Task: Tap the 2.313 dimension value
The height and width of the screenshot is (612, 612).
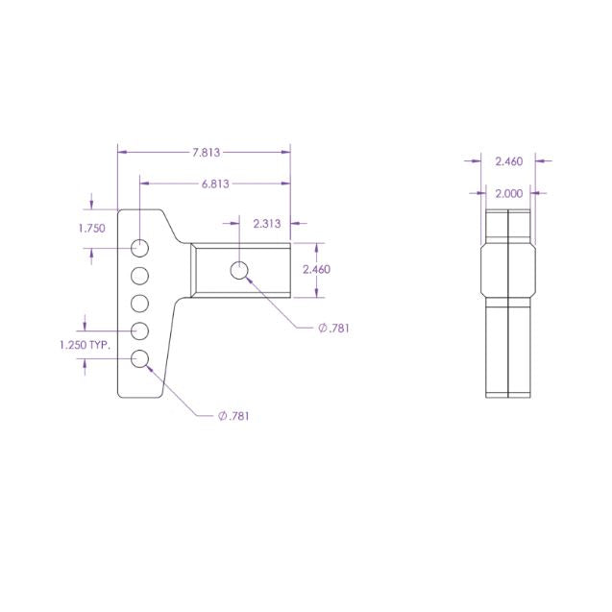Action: point(266,224)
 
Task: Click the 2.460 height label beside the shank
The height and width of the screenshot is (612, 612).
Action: point(316,270)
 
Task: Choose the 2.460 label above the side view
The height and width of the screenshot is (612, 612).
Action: point(508,161)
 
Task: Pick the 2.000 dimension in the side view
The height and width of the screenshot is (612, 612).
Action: point(508,193)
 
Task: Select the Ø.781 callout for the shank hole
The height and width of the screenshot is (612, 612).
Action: point(333,328)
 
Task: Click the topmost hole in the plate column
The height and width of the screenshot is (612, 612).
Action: point(140,248)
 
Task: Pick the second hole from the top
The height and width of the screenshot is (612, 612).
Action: point(140,276)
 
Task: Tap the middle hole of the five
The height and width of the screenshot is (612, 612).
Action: point(140,304)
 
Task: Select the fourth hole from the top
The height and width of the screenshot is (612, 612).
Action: point(140,331)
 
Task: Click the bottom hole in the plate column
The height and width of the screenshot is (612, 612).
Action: point(140,359)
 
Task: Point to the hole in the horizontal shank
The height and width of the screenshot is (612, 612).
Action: point(239,270)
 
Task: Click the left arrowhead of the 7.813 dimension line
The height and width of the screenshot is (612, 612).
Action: point(121,151)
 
